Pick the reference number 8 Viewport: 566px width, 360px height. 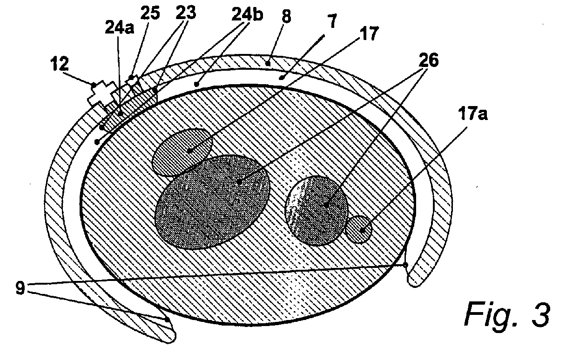286,17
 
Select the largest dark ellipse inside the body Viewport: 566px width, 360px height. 212,201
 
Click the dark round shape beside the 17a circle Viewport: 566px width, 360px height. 317,211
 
